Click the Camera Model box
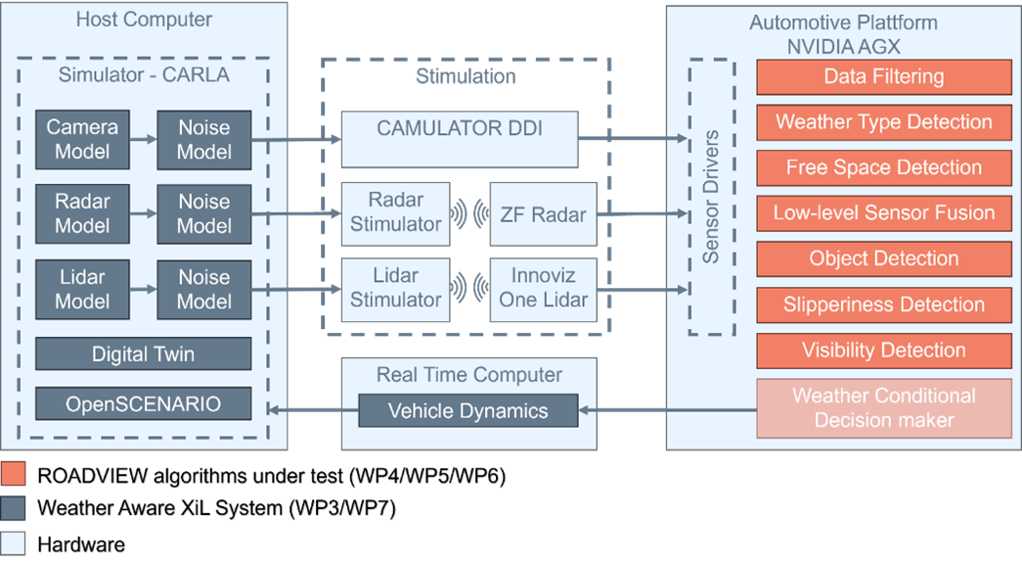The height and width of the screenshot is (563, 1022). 82,139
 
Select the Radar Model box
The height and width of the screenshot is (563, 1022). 82,212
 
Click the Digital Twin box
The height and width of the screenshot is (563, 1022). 143,354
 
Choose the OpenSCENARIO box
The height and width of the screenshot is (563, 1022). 143,403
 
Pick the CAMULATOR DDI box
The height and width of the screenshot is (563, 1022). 459,139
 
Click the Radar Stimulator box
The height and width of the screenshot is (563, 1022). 395,212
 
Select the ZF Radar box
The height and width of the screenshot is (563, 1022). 543,212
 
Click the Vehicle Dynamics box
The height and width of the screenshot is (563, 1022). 467,410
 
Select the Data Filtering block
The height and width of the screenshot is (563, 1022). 883,77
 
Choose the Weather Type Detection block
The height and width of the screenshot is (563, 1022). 883,122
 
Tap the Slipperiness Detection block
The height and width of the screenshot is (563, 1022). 883,305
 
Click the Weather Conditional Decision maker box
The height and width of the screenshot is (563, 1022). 883,408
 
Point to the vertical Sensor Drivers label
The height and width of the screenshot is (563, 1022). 711,196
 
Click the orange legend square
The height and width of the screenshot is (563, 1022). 13,475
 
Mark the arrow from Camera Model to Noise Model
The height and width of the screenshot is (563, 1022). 143,139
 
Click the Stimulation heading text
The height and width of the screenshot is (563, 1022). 466,76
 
